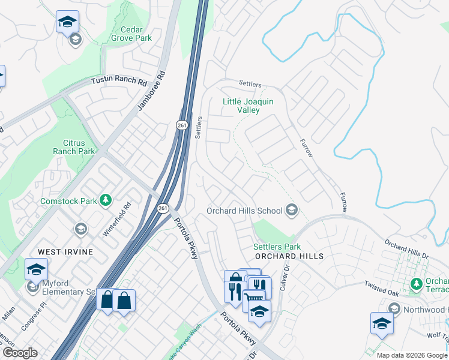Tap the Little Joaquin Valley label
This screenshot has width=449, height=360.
[x=248, y=106]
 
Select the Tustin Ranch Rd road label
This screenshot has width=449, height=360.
[x=119, y=81]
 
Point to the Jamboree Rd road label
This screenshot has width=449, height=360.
[x=151, y=91]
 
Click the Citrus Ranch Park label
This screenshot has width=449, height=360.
[x=79, y=147]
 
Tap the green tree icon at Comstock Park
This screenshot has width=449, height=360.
[x=106, y=199]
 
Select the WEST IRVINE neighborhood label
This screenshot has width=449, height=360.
[x=65, y=252]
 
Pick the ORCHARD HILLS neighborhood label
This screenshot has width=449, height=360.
[x=288, y=256]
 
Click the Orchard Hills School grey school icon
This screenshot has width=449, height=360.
[x=292, y=210]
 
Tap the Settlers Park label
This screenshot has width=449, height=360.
[x=277, y=247]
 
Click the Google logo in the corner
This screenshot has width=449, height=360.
[x=19, y=353]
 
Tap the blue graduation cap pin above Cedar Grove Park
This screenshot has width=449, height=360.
[x=67, y=23]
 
